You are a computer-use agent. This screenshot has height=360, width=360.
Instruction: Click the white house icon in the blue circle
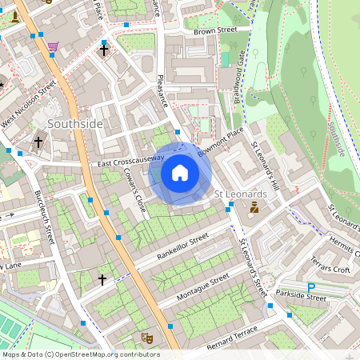pos(180,173)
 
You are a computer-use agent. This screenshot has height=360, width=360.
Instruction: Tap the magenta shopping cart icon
pos(53,46)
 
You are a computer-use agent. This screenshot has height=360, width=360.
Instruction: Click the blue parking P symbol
pos(312,286)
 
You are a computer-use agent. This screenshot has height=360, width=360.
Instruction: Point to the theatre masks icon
pos(146,338)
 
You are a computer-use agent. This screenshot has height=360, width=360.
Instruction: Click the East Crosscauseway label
pos(130,162)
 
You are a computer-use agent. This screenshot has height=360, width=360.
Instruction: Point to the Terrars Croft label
pos(330,268)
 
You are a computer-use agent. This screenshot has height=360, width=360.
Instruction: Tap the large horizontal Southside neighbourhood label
pos(75,124)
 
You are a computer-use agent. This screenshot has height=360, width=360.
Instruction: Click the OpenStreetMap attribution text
pos(81,354)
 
